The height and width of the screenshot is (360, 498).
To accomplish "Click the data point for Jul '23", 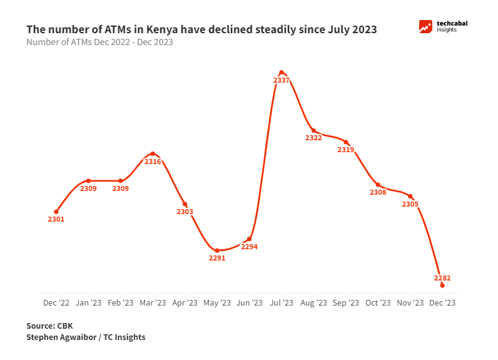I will pyautogui.click(x=282, y=73).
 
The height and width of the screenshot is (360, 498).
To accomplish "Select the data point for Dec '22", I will pyautogui.click(x=56, y=212).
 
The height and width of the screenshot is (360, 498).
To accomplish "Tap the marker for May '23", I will pyautogui.click(x=217, y=250).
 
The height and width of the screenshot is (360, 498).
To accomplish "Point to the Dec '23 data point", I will pyautogui.click(x=442, y=285).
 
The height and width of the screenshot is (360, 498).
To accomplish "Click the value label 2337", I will pyautogui.click(x=282, y=80).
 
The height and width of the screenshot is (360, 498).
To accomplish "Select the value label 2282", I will pyautogui.click(x=442, y=278).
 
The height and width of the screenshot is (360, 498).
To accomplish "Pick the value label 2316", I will pyautogui.click(x=153, y=162).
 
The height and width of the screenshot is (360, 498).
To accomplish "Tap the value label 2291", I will pyautogui.click(x=217, y=258).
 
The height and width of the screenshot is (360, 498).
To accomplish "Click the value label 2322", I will pyautogui.click(x=313, y=138).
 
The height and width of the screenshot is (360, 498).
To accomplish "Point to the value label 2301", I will pyautogui.click(x=56, y=219).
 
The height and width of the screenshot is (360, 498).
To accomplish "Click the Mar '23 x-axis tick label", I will pyautogui.click(x=153, y=302).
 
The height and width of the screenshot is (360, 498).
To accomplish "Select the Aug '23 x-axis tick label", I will pyautogui.click(x=313, y=302).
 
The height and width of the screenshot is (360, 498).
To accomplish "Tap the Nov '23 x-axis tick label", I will pyautogui.click(x=410, y=302).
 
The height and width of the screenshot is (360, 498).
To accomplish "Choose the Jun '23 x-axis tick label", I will pyautogui.click(x=249, y=302).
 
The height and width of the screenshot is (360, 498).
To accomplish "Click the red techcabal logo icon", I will pyautogui.click(x=426, y=26).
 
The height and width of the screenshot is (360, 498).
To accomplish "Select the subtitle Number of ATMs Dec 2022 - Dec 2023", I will pyautogui.click(x=99, y=43).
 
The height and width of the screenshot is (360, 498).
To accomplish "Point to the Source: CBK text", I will pyautogui.click(x=49, y=326).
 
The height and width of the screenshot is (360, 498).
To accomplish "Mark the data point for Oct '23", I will pyautogui.click(x=378, y=185).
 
